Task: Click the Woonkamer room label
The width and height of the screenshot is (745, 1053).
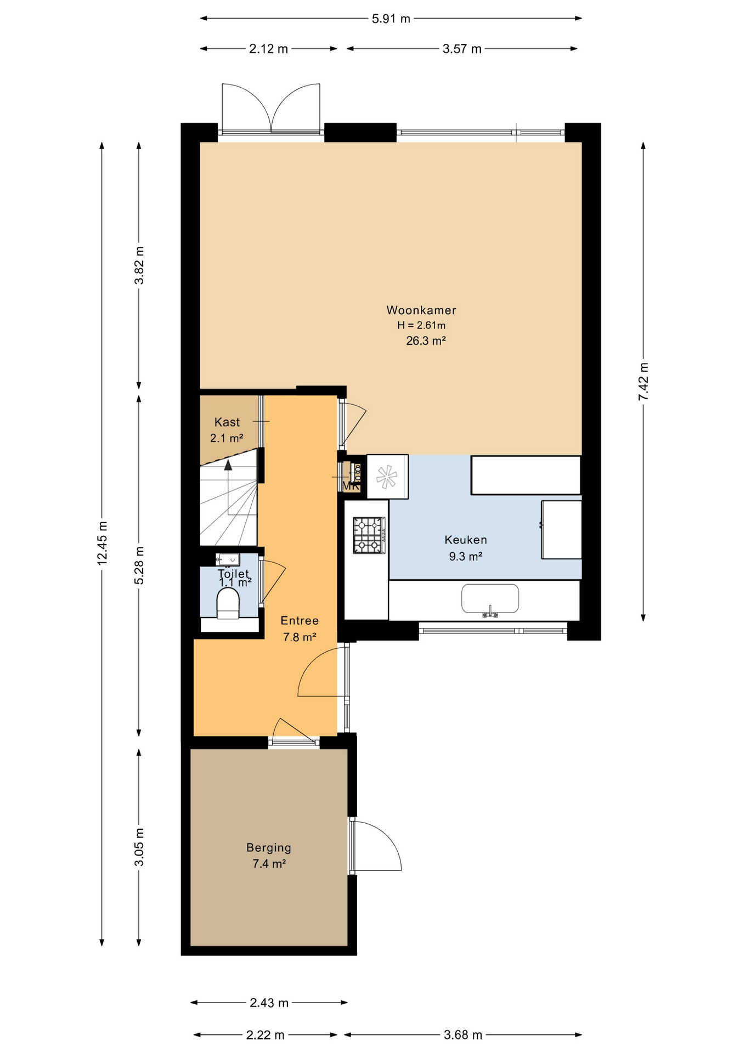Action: click(421, 310)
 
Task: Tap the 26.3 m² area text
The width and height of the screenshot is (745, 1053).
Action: click(426, 341)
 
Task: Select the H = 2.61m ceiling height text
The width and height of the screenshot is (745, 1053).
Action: click(421, 325)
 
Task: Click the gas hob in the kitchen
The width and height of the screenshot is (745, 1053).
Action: click(369, 535)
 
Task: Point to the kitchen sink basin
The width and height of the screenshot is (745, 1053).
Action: click(490, 598)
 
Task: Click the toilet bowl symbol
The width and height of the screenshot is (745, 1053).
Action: click(228, 603)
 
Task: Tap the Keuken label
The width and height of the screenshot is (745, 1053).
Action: click(466, 540)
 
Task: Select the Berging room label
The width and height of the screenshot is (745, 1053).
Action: click(269, 848)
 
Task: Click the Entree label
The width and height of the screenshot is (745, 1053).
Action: click(300, 621)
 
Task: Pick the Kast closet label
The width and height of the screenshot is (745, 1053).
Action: click(227, 422)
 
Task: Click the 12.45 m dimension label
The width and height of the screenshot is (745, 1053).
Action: click(102, 543)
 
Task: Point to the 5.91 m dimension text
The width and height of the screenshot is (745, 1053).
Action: click(391, 19)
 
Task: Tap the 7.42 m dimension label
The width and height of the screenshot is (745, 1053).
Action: click(644, 382)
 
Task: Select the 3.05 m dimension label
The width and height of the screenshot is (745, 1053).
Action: click(139, 847)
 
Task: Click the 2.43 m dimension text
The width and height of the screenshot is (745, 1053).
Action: click(269, 1003)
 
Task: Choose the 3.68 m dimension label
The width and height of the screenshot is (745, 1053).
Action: click(463, 1035)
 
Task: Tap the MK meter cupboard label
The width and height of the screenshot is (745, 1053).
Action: click(351, 486)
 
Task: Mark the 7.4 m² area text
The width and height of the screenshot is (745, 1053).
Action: click(269, 864)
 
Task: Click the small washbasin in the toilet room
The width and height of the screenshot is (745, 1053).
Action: click(228, 559)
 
